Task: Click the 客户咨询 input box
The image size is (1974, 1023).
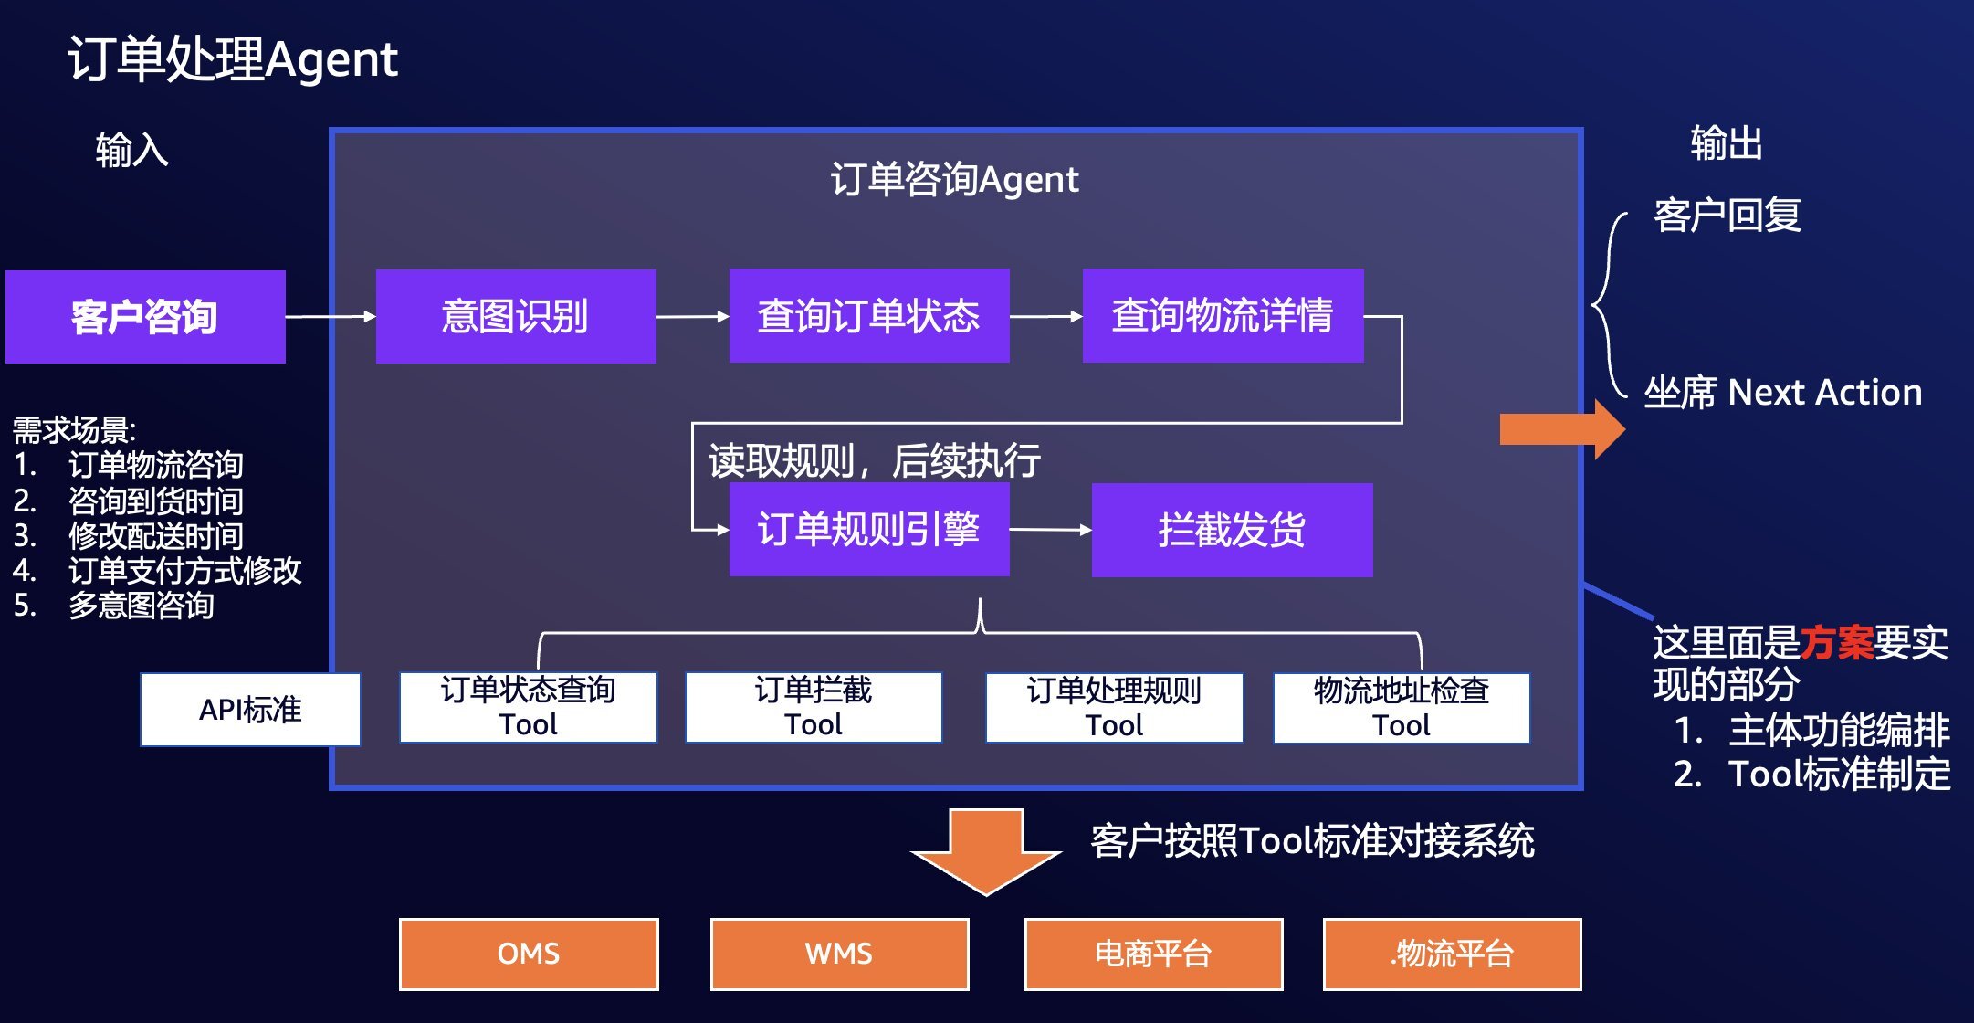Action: coord(145,317)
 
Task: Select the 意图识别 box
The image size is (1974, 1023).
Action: coord(516,317)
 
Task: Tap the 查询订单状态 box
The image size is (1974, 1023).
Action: coord(868,316)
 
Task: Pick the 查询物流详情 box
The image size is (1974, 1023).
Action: coord(1223,316)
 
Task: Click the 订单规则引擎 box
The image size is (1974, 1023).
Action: coord(868,530)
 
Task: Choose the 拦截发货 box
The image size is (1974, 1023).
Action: coord(1232,530)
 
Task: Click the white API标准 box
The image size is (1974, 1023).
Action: coord(250,710)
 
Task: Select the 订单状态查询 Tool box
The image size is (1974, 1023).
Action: coord(528,708)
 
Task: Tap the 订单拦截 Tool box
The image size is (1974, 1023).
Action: coord(813,708)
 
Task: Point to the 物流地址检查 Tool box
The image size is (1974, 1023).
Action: coord(1401,708)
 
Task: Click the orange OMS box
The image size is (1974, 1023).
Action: coord(529,954)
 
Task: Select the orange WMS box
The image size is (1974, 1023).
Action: coord(839,954)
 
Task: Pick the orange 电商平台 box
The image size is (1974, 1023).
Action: coord(1153,954)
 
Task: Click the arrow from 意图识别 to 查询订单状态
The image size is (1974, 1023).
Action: coord(692,317)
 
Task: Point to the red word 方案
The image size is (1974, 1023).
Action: coord(1836,643)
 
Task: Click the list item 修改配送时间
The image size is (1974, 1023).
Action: coord(155,536)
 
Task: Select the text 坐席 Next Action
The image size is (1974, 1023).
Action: coord(1782,393)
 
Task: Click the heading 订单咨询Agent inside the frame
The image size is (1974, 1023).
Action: coord(954,180)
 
